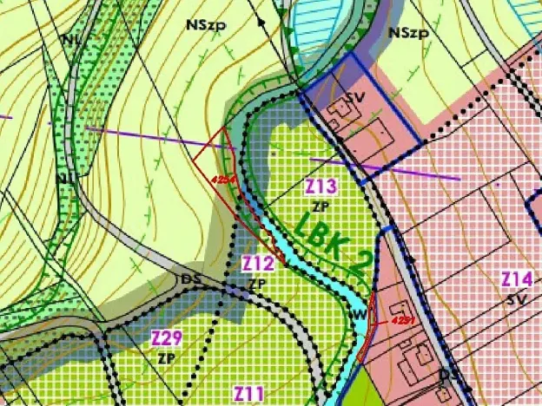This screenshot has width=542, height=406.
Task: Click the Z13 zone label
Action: [x=321, y=186]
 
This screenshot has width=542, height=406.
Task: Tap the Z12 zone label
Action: [x=258, y=262]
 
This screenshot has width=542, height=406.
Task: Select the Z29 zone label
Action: [x=167, y=337]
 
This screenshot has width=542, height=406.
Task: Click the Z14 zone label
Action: [x=517, y=278]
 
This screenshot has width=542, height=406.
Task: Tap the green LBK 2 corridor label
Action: [x=330, y=242]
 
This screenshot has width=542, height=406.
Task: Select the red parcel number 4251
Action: [x=400, y=319]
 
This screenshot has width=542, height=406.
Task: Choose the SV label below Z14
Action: [x=517, y=298]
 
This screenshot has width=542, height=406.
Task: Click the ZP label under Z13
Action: [x=321, y=206]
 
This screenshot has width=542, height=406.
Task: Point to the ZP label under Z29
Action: [x=167, y=356]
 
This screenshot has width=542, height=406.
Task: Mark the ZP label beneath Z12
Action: [x=256, y=284]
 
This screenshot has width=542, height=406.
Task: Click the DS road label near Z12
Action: [x=190, y=279]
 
